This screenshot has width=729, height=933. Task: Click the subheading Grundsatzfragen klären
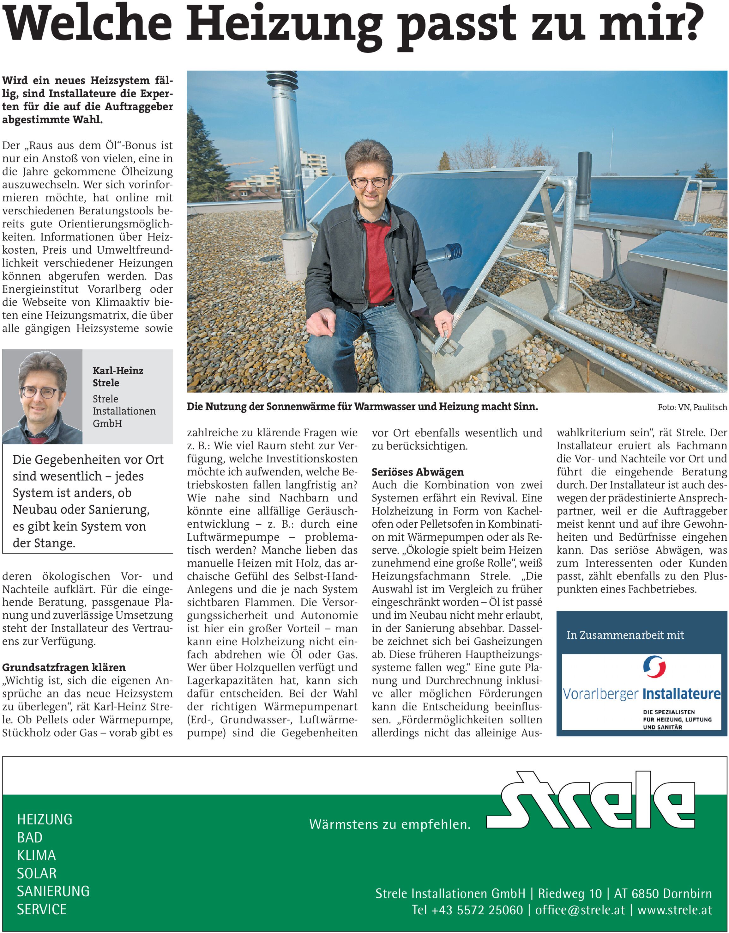[x=64, y=667]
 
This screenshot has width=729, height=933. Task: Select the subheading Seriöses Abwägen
[x=418, y=472]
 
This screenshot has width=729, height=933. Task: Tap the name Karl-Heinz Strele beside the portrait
[x=117, y=376]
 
